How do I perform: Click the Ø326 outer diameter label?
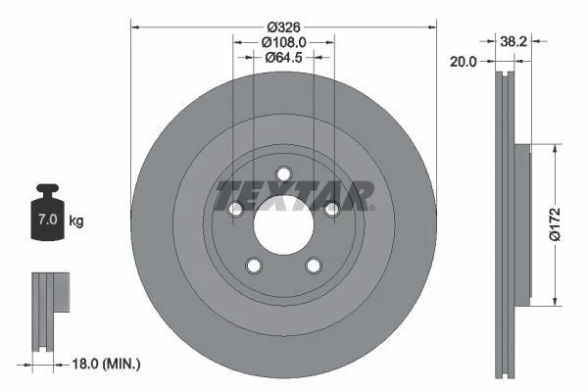coord(283,26)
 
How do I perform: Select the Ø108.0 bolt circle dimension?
coord(284,42)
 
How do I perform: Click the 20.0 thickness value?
coord(464,61)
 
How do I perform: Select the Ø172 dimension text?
coord(556,225)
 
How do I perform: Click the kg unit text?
coord(76,221)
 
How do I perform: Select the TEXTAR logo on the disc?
coord(294,195)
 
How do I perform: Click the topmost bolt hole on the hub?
coord(283,174)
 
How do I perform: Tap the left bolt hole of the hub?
coord(235,210)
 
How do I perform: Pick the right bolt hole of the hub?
coord(331,209)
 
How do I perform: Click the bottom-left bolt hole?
coord(254,266)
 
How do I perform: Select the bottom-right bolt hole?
coord(314,266)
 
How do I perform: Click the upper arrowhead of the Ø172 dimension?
coord(556,150)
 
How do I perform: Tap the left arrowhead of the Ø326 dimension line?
coord(135,26)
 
